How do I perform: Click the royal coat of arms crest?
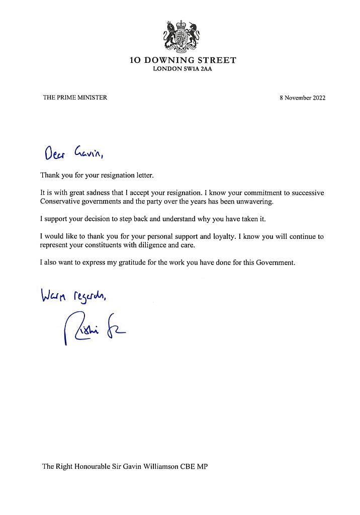click(181, 36)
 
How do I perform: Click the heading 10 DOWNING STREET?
click(182, 60)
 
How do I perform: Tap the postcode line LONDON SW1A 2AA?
click(182, 69)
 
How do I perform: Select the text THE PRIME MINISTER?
click(75, 98)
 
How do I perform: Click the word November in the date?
click(297, 98)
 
